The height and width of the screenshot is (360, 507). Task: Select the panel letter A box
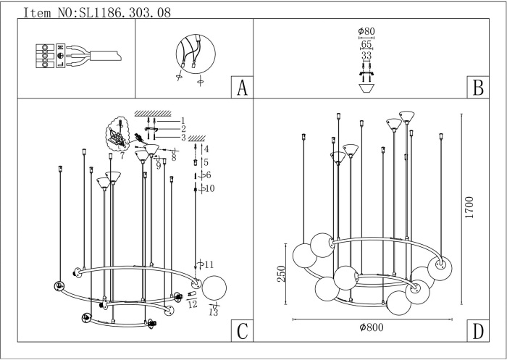242,87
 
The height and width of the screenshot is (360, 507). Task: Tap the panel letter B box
478,87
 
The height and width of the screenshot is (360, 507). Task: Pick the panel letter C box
242,330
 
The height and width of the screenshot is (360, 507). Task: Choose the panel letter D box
478,330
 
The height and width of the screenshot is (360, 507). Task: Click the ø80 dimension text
366,31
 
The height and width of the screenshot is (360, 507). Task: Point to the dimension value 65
366,44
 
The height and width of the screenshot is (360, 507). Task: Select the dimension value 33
366,56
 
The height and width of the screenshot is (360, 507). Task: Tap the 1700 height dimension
469,207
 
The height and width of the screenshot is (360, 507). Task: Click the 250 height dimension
281,274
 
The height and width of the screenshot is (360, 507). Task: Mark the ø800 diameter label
372,327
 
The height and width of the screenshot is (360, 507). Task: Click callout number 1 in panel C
183,121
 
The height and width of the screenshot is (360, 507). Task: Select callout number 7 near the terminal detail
122,156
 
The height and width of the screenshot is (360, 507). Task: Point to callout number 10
209,188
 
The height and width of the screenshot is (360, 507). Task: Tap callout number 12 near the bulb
193,304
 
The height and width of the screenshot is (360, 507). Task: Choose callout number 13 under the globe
214,312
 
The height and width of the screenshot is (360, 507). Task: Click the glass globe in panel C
214,288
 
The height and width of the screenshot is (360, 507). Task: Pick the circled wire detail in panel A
196,54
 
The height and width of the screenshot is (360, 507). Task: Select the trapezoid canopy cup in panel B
366,88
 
